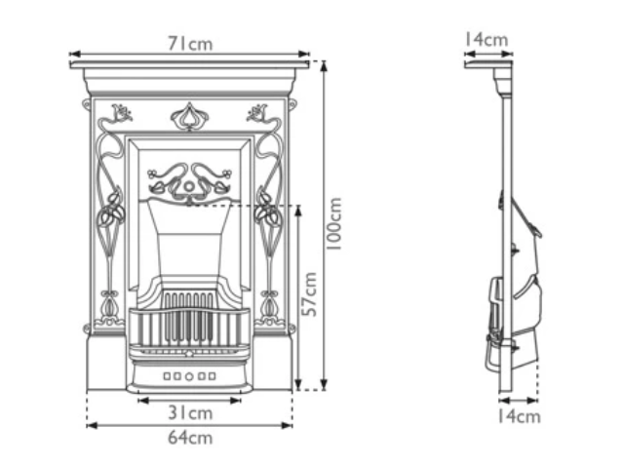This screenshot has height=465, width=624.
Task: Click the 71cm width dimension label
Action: coord(189,44)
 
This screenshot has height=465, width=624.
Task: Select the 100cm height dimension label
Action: coord(333,225)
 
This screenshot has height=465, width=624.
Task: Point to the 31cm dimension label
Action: coord(189,412)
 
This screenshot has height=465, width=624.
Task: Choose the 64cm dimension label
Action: coord(189,438)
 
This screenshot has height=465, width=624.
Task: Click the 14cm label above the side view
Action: coord(486,40)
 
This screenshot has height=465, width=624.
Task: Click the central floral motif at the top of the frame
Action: coord(188,117)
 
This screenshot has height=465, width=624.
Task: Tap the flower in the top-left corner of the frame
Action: coord(121,113)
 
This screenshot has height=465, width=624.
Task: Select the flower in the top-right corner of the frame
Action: coord(258,113)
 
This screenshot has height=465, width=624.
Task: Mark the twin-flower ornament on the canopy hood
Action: coord(189,180)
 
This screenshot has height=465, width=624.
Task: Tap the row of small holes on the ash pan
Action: coord(189,374)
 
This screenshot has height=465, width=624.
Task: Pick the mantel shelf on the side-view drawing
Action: coord(488,64)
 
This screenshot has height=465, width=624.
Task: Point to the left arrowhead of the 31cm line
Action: coord(139,400)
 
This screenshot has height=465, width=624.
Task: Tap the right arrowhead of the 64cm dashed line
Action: coord(290,424)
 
